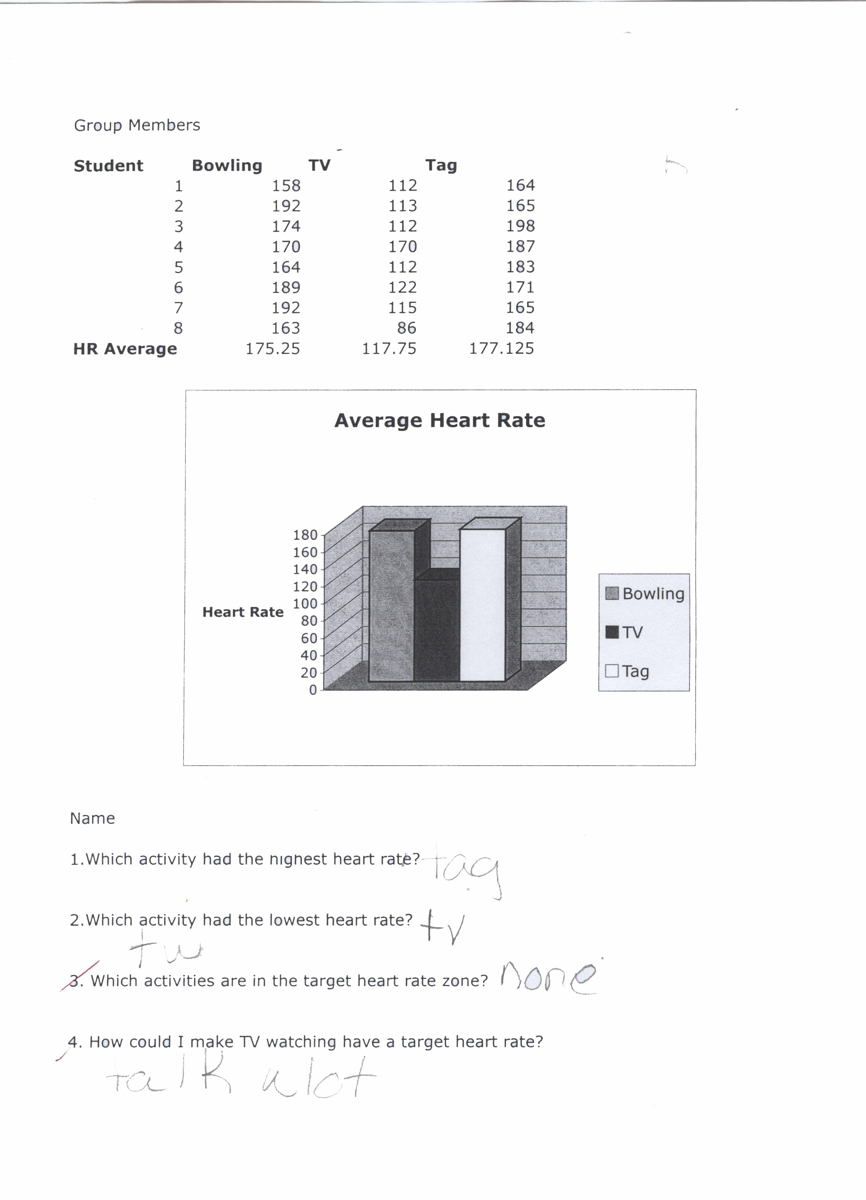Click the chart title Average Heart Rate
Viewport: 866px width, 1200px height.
pos(440,421)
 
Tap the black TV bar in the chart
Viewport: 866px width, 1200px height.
pos(437,630)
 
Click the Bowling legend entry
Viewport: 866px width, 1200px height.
pos(645,594)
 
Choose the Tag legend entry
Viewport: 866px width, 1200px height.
pos(628,671)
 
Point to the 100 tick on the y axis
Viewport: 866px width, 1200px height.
pos(305,604)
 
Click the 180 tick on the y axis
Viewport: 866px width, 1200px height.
pos(305,535)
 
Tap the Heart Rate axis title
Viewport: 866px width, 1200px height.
pos(243,612)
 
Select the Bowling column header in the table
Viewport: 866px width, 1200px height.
pos(227,165)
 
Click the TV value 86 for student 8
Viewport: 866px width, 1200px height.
pos(406,328)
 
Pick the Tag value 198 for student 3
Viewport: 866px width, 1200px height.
pos(520,226)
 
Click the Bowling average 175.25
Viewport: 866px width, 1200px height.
pos(273,349)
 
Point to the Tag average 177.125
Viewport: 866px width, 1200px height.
pos(502,349)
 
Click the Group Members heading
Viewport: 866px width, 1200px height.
pos(137,125)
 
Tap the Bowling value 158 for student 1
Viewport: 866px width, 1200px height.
pos(286,186)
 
